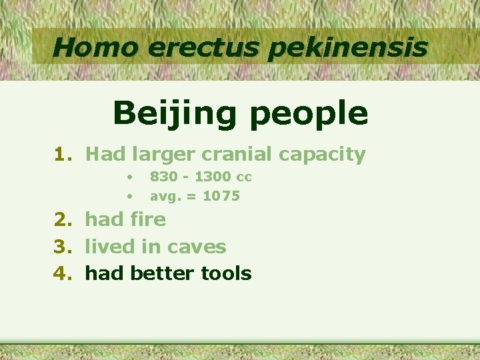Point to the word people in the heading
click(x=309, y=113)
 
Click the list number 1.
click(x=63, y=155)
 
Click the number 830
click(x=164, y=177)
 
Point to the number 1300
click(x=213, y=177)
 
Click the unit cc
click(x=243, y=177)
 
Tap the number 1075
click(x=221, y=197)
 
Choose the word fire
click(x=148, y=219)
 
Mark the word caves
click(x=197, y=247)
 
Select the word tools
click(x=228, y=273)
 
